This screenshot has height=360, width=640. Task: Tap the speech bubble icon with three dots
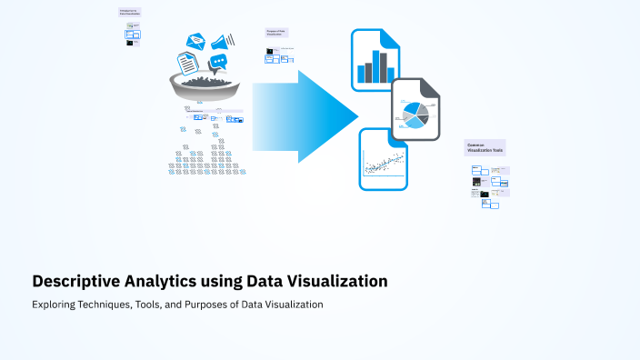pos(218,63)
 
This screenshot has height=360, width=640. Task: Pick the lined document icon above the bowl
pos(187,63)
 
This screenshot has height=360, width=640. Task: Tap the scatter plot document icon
pos(384,159)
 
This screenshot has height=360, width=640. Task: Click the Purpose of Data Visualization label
pos(278,33)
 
